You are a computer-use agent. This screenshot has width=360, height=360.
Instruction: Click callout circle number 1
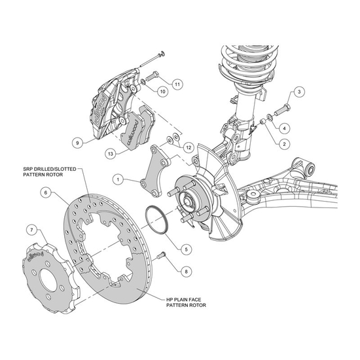[118, 178]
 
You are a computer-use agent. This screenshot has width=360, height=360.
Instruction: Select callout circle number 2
[285, 143]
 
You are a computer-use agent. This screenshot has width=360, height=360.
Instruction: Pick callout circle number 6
[45, 192]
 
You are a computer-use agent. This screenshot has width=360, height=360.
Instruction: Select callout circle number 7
[31, 229]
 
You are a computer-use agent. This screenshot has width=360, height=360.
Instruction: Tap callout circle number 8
[189, 270]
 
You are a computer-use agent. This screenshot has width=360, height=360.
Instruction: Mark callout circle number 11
[177, 84]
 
